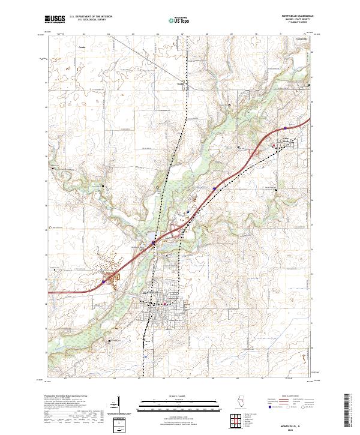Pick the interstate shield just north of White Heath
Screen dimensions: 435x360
287,128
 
